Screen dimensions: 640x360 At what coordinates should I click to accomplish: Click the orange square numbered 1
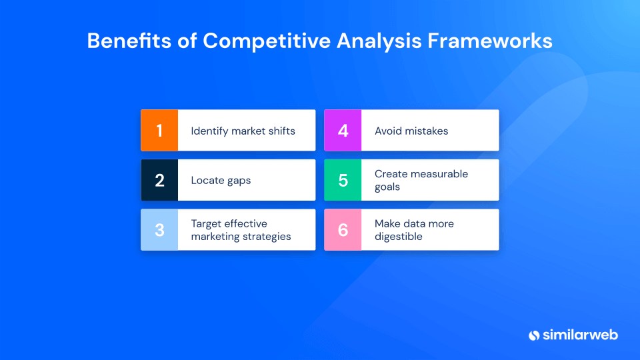[159, 130]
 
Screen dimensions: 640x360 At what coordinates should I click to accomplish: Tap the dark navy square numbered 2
[159, 180]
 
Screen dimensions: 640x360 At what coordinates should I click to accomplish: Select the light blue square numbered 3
[159, 230]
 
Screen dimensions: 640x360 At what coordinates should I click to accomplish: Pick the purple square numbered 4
[343, 130]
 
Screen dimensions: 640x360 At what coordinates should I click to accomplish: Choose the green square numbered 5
[343, 180]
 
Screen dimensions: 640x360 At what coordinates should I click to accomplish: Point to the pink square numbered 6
[343, 230]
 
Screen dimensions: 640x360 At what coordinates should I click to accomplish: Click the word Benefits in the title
[129, 41]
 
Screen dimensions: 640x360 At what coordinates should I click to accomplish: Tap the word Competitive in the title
[267, 41]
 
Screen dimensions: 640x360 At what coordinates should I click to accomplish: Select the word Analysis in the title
[379, 41]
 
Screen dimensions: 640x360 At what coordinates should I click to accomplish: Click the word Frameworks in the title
[490, 41]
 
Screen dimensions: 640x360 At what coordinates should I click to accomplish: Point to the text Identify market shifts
[243, 131]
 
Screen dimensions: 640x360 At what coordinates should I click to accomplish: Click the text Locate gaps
[221, 181]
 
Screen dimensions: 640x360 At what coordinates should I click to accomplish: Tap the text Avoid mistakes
[411, 131]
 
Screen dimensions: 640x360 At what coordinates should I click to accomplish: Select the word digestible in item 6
[399, 237]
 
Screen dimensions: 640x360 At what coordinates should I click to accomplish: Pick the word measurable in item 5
[439, 174]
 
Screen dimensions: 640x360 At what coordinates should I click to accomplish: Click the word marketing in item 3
[215, 237]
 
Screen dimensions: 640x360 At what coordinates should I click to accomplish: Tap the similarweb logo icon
[534, 335]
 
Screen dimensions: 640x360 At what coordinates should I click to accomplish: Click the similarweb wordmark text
[580, 335]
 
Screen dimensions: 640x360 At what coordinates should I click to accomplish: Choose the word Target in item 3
[207, 224]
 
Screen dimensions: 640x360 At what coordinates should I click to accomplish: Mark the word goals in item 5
[387, 187]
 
